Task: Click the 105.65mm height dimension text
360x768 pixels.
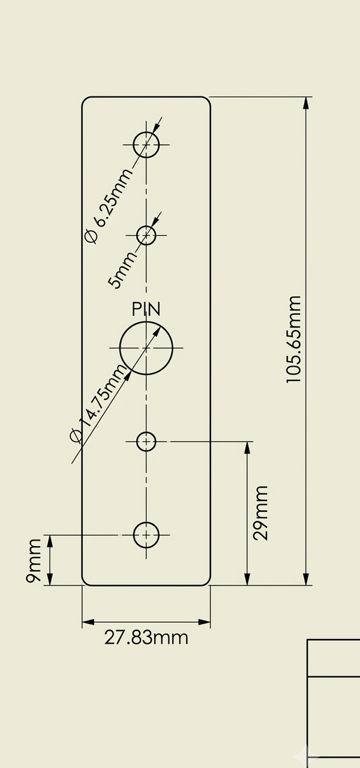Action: tap(293, 339)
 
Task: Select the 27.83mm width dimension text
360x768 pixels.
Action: tap(146, 638)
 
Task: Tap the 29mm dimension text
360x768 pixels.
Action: tap(260, 513)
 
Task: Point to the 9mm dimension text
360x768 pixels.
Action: tap(34, 560)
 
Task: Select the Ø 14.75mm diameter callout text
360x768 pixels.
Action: tap(98, 403)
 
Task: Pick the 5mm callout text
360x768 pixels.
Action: tap(122, 270)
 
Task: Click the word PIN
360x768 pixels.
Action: tap(146, 309)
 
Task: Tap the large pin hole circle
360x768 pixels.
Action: tap(120, 348)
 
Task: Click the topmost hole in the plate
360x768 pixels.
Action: tap(133, 145)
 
